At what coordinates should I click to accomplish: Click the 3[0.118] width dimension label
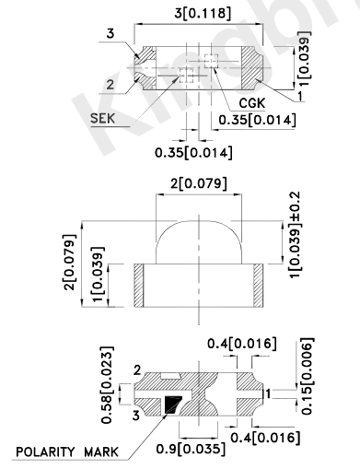tap(203, 14)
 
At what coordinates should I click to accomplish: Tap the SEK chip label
tap(103, 118)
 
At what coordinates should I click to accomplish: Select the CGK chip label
tap(252, 103)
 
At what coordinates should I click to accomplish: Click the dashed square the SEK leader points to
tap(186, 76)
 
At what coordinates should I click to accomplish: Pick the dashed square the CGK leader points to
tap(212, 61)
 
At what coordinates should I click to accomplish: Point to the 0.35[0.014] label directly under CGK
tap(257, 120)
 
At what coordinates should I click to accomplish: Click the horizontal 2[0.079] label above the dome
tap(199, 184)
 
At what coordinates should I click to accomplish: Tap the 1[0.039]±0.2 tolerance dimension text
tap(296, 235)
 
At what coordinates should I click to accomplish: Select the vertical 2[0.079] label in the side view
tap(69, 263)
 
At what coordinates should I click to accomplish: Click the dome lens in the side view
tap(199, 242)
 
